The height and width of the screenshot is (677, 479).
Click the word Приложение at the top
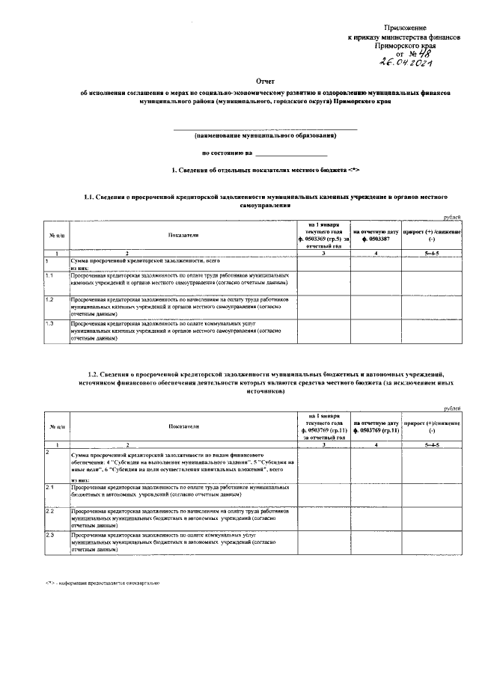414,27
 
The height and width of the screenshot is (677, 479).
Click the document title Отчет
266,79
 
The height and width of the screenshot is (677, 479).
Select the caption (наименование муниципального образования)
266,135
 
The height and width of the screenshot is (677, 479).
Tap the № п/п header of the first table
56,235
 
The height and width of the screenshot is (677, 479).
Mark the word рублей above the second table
452,408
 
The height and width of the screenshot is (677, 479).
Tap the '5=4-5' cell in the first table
432,254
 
